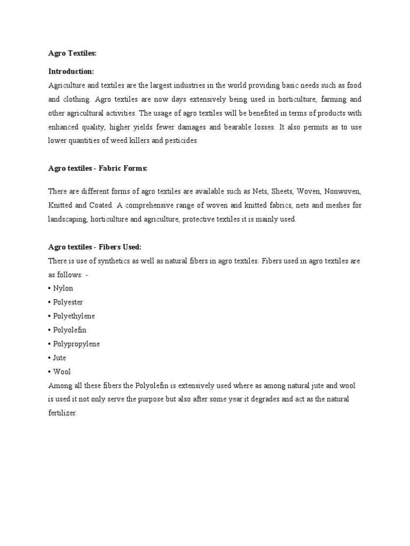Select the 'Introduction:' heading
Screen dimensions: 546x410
coord(71,71)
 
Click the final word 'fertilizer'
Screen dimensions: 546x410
coord(62,413)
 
